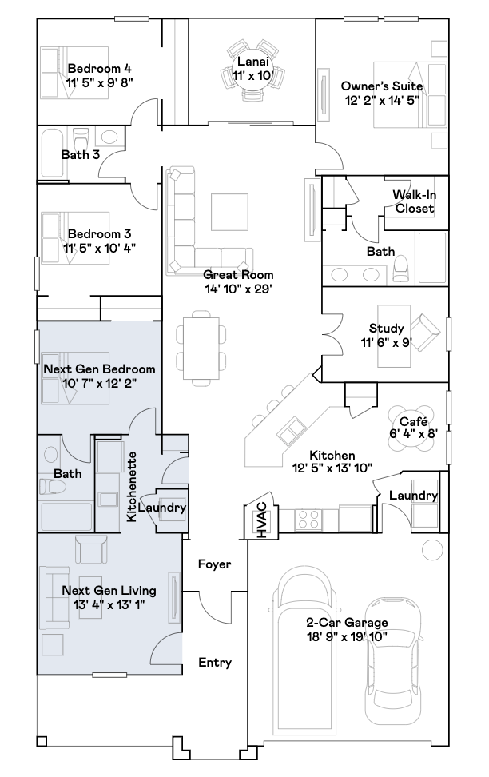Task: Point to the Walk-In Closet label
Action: (x=414, y=201)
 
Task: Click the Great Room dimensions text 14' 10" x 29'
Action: (x=239, y=289)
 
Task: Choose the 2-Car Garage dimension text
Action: (x=347, y=636)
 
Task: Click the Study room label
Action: (x=386, y=329)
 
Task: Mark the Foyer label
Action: (x=215, y=564)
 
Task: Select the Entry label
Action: (x=215, y=662)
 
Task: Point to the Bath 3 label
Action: (x=81, y=154)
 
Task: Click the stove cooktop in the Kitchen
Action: (x=307, y=520)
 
